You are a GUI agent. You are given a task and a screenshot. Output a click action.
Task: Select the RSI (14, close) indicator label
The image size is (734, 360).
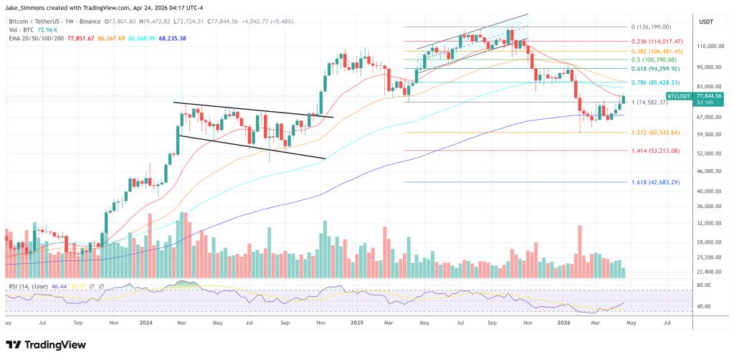(29, 286)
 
